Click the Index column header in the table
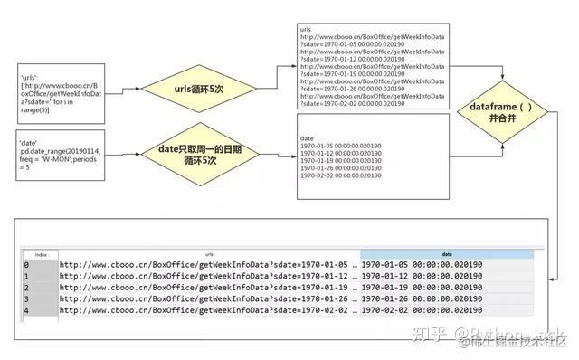click(41, 255)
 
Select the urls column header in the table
click(209, 255)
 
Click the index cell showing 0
click(27, 265)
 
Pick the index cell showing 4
click(27, 310)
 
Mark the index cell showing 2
click(27, 288)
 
